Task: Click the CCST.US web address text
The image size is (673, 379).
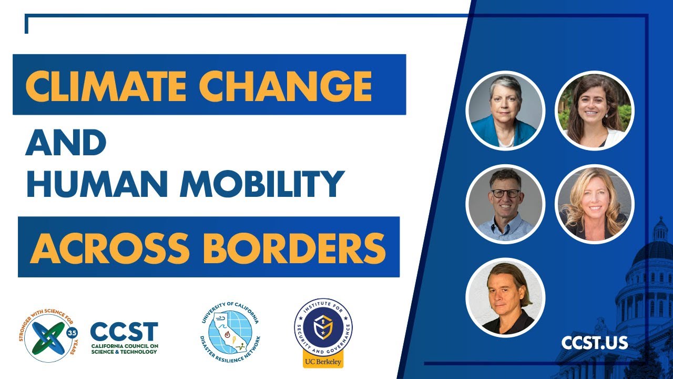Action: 594,343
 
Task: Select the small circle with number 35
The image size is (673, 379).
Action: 72,333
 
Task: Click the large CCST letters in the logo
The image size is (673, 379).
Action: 124,332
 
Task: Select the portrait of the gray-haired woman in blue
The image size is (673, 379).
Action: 505,111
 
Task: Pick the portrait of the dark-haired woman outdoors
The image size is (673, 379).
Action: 595,111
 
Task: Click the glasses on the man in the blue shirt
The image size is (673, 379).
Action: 505,193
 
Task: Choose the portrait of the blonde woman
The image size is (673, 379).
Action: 595,204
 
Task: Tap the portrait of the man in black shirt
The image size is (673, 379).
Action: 505,297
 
